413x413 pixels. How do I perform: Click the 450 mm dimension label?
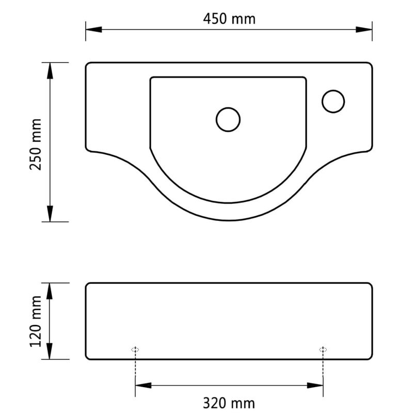[229, 19]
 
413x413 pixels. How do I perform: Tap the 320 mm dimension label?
[229, 402]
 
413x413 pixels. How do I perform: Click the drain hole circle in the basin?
[228, 119]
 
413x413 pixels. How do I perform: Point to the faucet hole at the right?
[333, 101]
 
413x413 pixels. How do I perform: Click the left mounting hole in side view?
[135, 350]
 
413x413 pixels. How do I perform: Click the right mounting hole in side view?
[323, 350]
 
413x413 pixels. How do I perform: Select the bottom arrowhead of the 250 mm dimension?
[50, 214]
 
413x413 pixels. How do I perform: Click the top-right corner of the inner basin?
[305, 78]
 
